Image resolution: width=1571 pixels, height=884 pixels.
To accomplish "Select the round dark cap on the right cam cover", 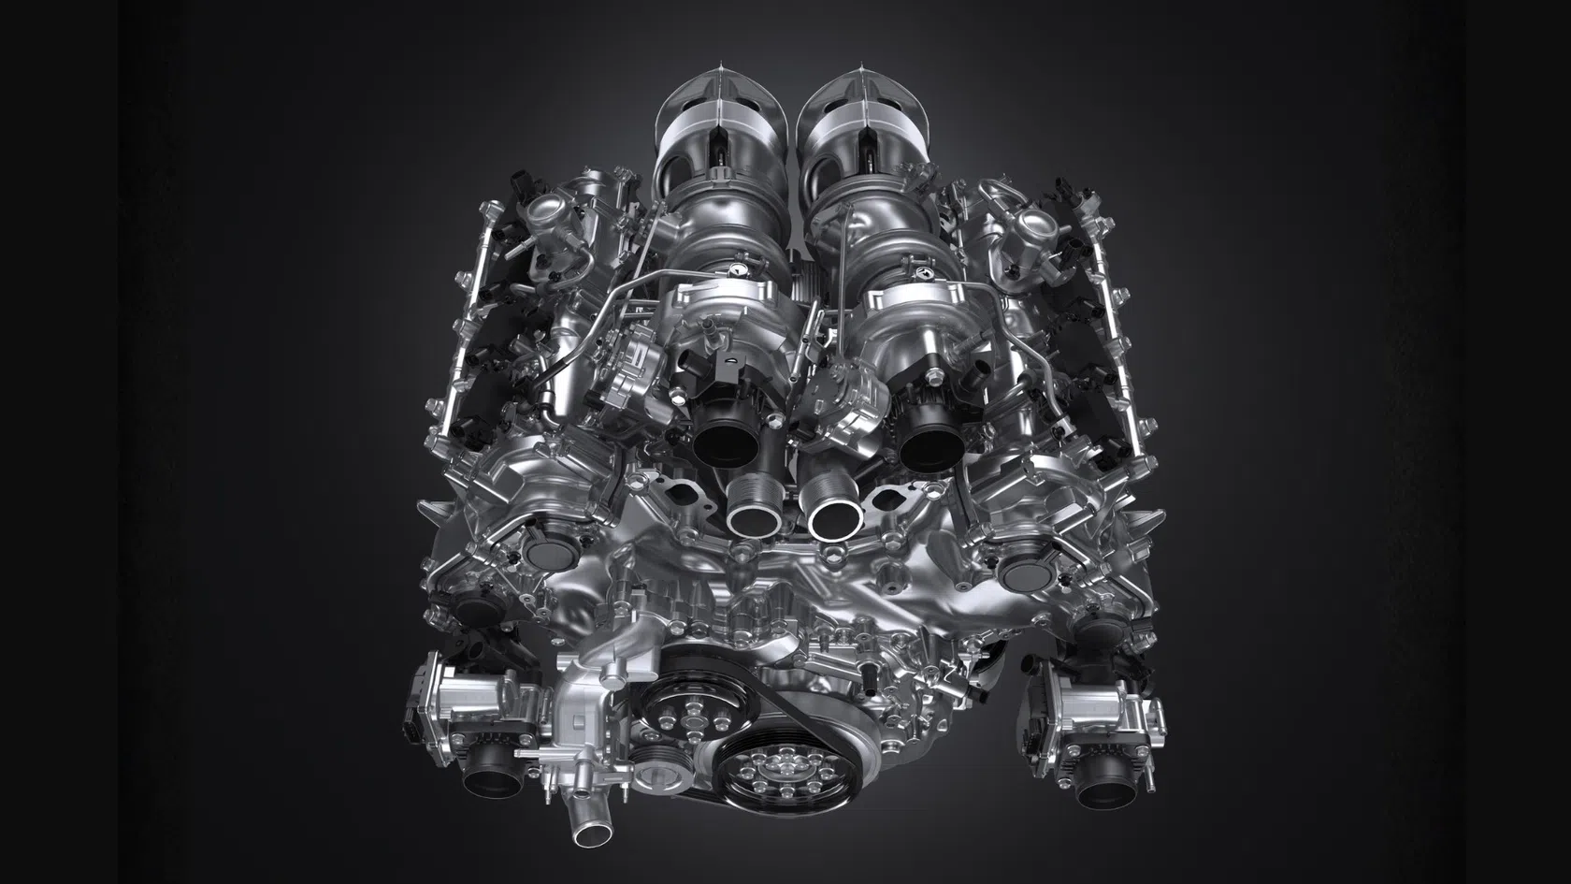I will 1018,569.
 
